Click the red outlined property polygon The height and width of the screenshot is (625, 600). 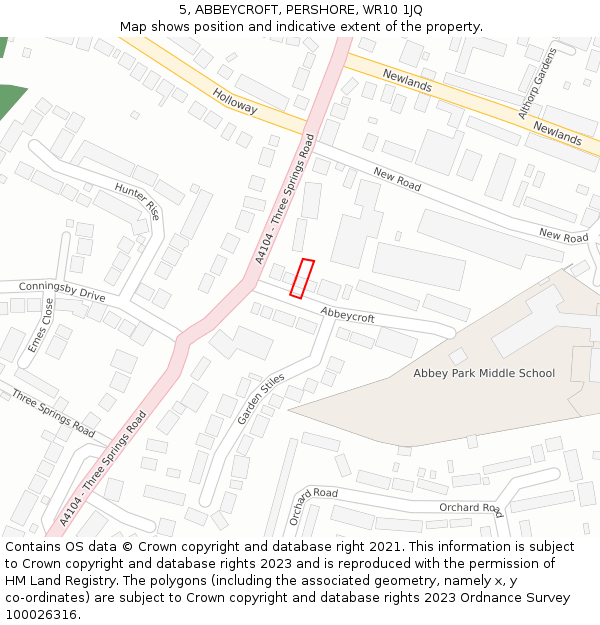click(x=302, y=278)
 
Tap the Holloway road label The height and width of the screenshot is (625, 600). click(x=235, y=100)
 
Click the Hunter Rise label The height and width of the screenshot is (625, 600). click(x=137, y=201)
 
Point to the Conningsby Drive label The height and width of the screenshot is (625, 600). click(x=62, y=291)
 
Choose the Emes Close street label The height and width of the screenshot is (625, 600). click(x=41, y=325)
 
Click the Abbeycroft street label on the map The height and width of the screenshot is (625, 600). click(x=348, y=316)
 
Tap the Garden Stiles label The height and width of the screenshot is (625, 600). click(x=261, y=398)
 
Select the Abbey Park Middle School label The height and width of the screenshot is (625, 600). click(x=484, y=373)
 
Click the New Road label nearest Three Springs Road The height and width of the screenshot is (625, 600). click(x=397, y=179)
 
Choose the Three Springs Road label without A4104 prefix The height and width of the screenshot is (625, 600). click(x=54, y=413)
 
